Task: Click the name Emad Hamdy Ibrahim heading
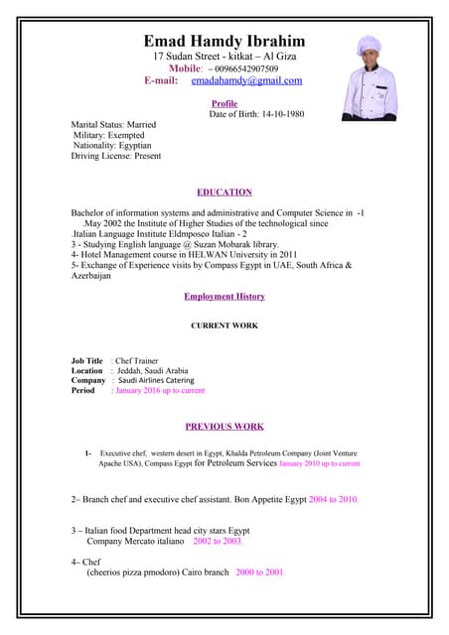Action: (x=224, y=41)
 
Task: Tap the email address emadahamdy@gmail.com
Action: (x=246, y=80)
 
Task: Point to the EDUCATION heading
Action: (x=224, y=192)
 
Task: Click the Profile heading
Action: (x=224, y=103)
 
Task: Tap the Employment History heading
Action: (x=224, y=297)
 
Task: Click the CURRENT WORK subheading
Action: (x=224, y=325)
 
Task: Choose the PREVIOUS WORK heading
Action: (x=224, y=427)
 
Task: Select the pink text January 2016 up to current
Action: (x=160, y=391)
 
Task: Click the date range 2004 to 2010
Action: (x=333, y=499)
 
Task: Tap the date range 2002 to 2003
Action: (x=218, y=542)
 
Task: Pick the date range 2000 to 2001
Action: (x=260, y=573)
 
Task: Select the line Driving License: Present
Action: (x=116, y=156)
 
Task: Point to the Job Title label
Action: (x=86, y=361)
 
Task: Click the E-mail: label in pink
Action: (x=161, y=80)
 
